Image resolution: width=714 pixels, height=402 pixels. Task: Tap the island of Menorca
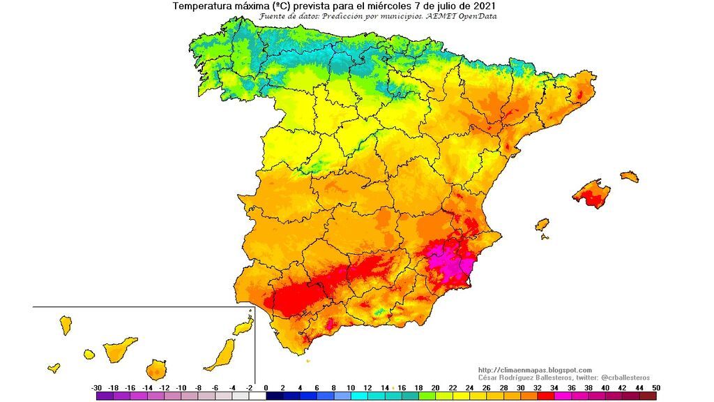coord(629,175)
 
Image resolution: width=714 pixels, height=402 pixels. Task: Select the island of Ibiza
coord(542,225)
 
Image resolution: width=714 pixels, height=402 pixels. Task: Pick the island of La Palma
coord(66,325)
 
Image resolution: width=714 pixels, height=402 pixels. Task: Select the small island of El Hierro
coord(54,368)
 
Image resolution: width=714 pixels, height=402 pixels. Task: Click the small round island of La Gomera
coord(89,355)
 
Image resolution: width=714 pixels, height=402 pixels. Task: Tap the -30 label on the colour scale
coord(97,387)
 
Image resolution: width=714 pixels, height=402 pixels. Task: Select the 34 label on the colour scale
coord(554,387)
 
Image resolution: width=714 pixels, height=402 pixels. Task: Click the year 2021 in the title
coord(486,6)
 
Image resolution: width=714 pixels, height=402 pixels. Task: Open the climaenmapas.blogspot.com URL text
coord(535,370)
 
